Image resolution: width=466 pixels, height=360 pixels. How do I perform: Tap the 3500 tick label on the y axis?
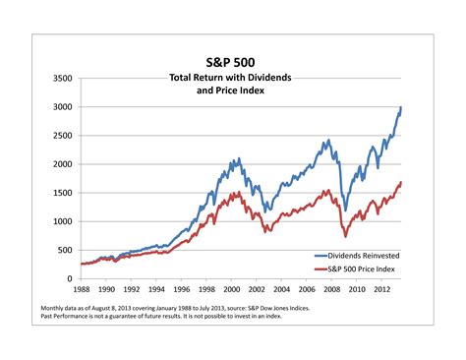coord(62,78)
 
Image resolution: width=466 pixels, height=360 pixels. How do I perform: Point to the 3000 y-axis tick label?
coord(62,106)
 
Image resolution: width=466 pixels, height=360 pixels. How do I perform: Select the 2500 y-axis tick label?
coord(62,135)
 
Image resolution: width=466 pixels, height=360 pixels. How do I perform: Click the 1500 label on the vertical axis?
coord(62,193)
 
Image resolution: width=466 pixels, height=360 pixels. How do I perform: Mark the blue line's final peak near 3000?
coord(401,107)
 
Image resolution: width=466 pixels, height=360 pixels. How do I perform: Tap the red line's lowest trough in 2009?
coord(345,236)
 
